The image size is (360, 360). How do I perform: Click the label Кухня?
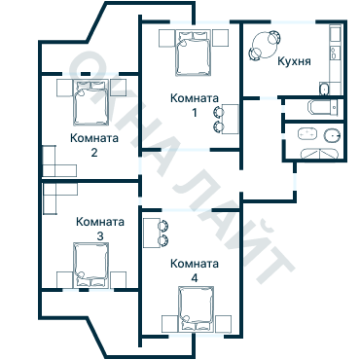[x=294, y=61]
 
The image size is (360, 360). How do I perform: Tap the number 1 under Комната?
[x=195, y=113]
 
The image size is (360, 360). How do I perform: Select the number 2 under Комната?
[x=94, y=153]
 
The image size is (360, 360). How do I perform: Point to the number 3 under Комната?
[x=100, y=236]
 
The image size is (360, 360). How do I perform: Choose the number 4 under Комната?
[x=195, y=278]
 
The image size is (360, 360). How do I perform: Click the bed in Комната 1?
[x=194, y=53]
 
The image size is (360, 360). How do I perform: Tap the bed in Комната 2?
[x=90, y=102]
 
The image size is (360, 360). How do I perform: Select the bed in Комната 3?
[x=90, y=265]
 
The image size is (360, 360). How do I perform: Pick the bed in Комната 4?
[x=196, y=309]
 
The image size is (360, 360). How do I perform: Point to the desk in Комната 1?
[x=231, y=119]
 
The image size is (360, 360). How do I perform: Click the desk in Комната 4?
[x=152, y=233]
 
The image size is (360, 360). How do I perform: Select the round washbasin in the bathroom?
[x=333, y=135]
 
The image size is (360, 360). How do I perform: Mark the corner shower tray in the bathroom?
[x=319, y=154]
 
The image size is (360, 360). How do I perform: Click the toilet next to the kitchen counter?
[x=324, y=90]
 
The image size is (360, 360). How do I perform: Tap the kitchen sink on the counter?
[x=335, y=53]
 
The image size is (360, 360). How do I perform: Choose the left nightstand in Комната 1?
[x=166, y=39]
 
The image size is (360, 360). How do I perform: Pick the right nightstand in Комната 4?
[x=224, y=323]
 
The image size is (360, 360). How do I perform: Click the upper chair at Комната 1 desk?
[x=218, y=112]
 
